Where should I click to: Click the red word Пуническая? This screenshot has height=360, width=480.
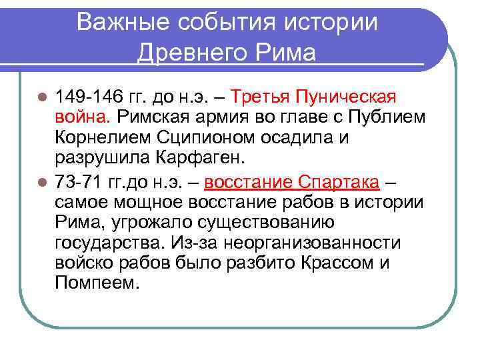pos(347,98)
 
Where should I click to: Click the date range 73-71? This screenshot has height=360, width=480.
pos(77,181)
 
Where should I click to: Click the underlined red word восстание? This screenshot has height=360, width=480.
pos(248,181)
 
